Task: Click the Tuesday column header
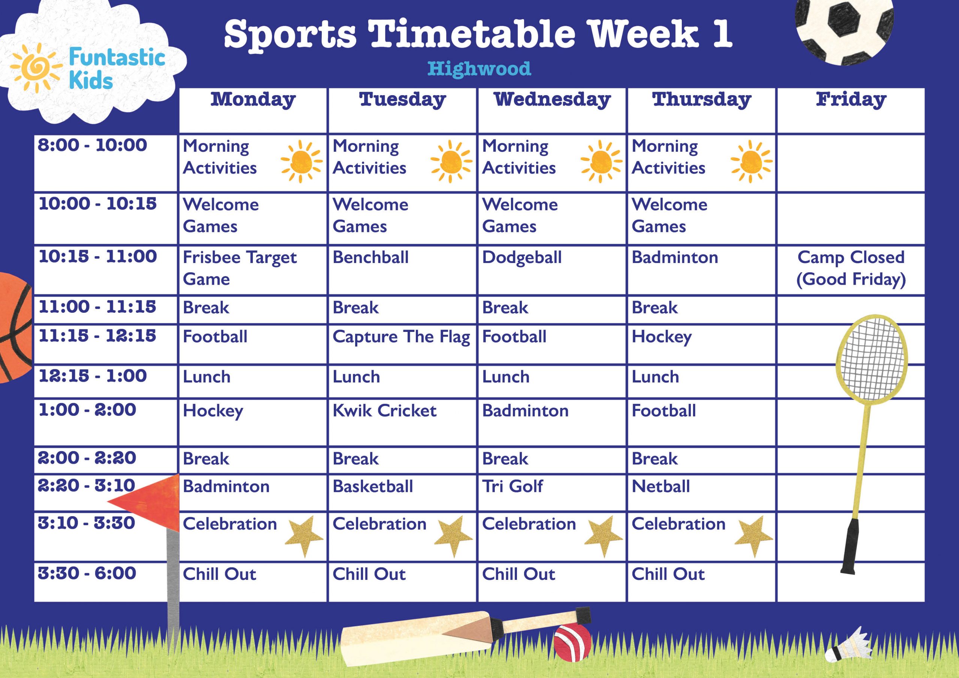tap(402, 99)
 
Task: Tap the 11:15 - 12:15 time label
tap(97, 336)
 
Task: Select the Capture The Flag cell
tap(401, 337)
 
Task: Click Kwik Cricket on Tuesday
tap(384, 411)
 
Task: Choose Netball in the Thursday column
tap(661, 486)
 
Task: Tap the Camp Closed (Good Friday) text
tap(851, 268)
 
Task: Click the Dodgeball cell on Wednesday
tap(522, 258)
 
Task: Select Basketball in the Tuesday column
tap(373, 486)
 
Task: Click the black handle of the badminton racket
tap(850, 547)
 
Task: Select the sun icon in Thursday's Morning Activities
tap(751, 161)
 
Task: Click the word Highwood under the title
tap(479, 69)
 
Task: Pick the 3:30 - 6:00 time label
tap(87, 573)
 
